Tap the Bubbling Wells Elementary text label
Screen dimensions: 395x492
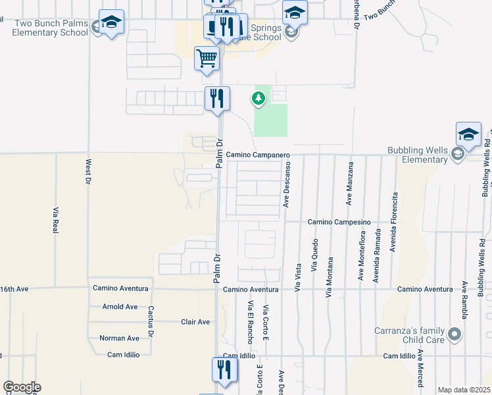[x=417, y=155]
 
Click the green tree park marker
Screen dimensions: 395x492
[x=258, y=99]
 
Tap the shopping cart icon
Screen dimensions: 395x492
[x=207, y=58]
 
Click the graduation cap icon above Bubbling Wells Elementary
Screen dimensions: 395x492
[x=468, y=134]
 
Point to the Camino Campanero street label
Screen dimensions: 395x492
[x=258, y=155]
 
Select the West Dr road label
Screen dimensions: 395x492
[x=87, y=171]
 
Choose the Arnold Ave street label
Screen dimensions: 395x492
[x=120, y=307]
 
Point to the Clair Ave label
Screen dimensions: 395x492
[x=195, y=322]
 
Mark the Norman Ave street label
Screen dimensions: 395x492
[x=119, y=338]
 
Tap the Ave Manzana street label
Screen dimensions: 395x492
[x=351, y=186]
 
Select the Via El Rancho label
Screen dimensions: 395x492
[x=250, y=322]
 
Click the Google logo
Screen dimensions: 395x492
[x=22, y=387]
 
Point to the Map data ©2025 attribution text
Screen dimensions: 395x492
[x=464, y=390]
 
